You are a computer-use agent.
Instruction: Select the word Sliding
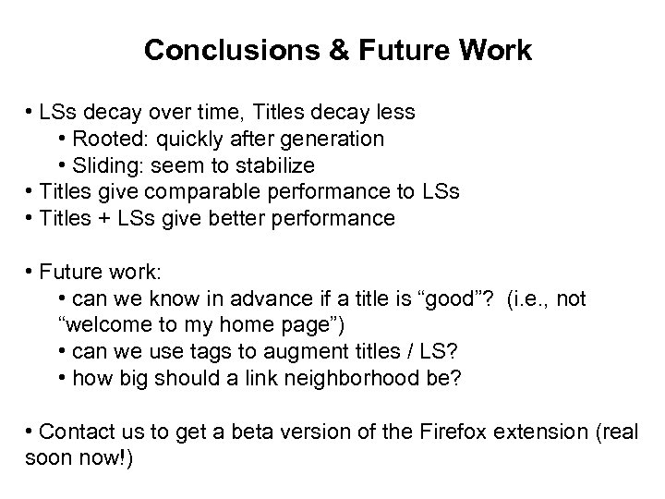click(x=104, y=165)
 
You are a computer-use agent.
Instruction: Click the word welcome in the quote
click(x=105, y=326)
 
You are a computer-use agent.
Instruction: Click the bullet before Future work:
click(x=30, y=273)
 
